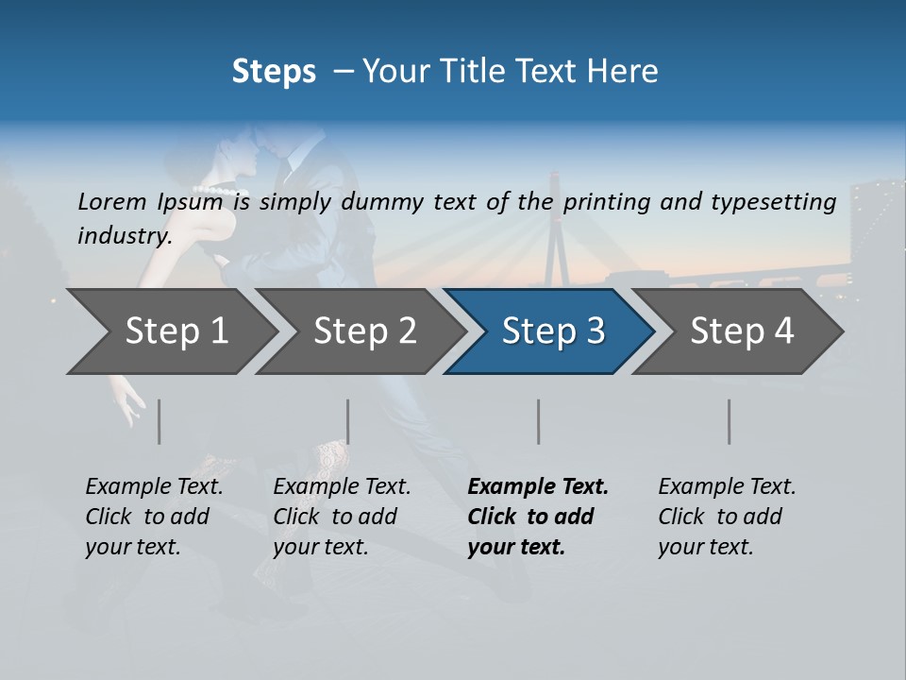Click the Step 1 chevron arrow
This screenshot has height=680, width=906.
point(176,331)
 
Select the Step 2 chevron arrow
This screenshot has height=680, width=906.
point(364,331)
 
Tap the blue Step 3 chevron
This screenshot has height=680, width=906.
point(553,331)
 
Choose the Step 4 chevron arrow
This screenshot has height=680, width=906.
point(742,331)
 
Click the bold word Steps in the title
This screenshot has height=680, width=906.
point(274,72)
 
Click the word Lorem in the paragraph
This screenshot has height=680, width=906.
point(111,201)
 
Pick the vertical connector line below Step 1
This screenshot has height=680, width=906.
point(159,421)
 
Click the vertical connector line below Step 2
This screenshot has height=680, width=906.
point(348,421)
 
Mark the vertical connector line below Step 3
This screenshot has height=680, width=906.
point(539,421)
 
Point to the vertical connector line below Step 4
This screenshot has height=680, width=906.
point(730,421)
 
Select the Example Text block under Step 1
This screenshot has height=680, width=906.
point(154,517)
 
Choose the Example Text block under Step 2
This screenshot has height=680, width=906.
point(342,517)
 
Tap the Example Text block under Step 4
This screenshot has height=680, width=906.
point(727,517)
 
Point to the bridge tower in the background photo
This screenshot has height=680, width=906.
point(555,227)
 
